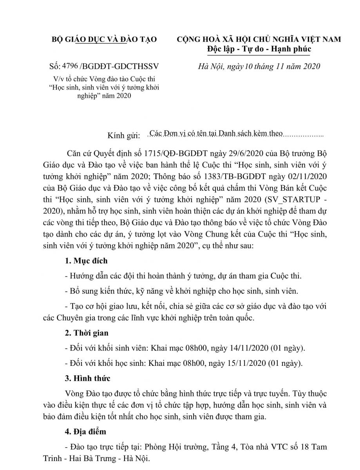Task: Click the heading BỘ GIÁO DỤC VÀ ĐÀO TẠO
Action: (x=105, y=39)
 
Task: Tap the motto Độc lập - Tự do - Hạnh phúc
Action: (x=259, y=49)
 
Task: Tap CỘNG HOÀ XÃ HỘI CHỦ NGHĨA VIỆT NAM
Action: (x=259, y=39)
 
